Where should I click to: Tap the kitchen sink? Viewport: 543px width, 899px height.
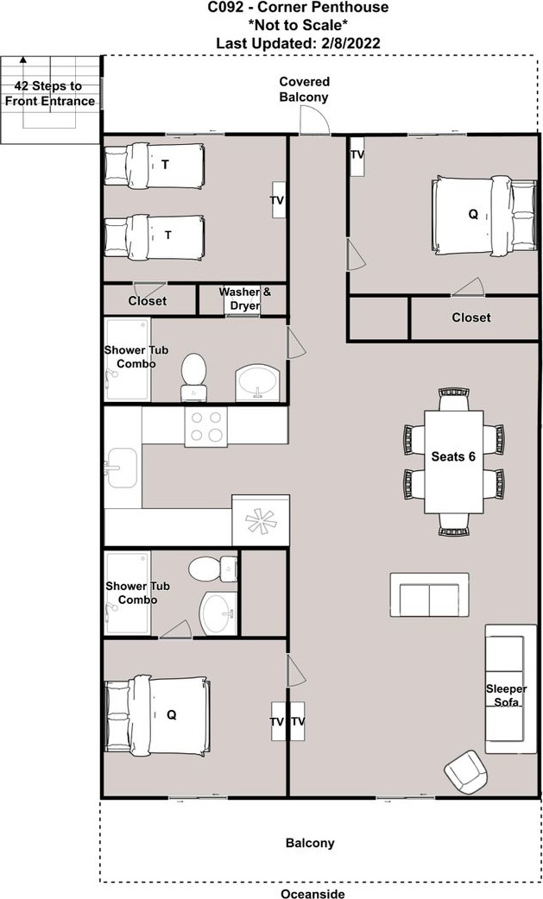pyautogui.click(x=121, y=468)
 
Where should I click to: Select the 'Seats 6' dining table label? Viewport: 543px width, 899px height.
pyautogui.click(x=453, y=457)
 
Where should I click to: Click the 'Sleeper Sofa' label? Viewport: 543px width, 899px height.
pyautogui.click(x=506, y=695)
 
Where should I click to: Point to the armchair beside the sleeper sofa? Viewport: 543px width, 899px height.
pyautogui.click(x=465, y=771)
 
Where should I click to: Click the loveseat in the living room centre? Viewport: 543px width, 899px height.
pyautogui.click(x=429, y=595)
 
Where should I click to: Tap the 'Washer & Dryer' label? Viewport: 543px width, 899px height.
pyautogui.click(x=245, y=299)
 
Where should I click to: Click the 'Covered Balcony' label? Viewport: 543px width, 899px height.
pyautogui.click(x=304, y=90)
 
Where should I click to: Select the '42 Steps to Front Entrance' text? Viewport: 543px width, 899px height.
pyautogui.click(x=50, y=93)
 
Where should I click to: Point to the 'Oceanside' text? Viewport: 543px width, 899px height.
pyautogui.click(x=313, y=893)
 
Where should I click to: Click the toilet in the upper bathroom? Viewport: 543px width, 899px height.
pyautogui.click(x=193, y=377)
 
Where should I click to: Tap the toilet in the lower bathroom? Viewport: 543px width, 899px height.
pyautogui.click(x=212, y=569)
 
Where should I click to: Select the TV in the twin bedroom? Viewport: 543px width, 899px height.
pyautogui.click(x=278, y=200)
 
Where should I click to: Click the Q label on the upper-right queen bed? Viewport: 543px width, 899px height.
pyautogui.click(x=473, y=214)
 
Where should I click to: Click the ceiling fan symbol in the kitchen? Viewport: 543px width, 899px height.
pyautogui.click(x=260, y=520)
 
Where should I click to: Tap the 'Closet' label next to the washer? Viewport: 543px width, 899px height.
pyautogui.click(x=148, y=301)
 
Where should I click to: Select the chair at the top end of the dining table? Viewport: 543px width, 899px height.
pyautogui.click(x=454, y=399)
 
